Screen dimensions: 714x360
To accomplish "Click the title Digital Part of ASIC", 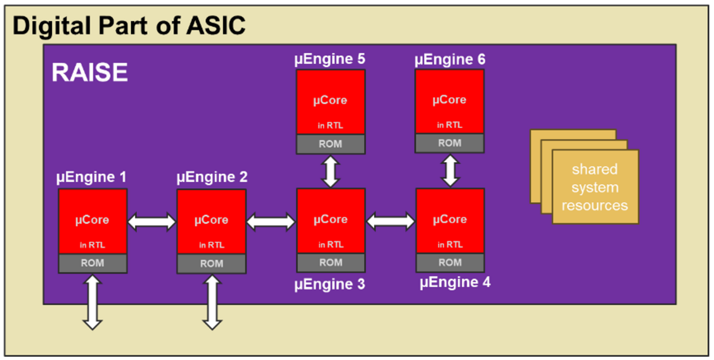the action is (129, 26).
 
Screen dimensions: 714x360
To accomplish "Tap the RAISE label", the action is (90, 73).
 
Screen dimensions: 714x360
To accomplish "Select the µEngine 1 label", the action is (91, 177).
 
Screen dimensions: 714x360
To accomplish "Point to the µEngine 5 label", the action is (330, 59).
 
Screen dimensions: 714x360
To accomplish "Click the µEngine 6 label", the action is (450, 60).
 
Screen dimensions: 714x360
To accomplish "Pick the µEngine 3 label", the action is (330, 284).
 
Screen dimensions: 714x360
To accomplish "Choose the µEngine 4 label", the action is (455, 282).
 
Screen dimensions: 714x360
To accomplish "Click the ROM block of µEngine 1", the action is (93, 263).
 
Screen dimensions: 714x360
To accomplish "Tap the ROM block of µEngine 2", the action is (211, 263).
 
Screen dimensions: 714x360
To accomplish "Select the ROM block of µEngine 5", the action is (331, 144).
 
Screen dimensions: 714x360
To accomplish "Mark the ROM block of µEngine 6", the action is (450, 143).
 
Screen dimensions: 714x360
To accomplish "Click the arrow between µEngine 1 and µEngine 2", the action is (152, 222).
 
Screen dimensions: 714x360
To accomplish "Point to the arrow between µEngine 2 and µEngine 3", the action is (271, 222).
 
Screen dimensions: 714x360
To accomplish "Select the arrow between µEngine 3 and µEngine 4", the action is (390, 221).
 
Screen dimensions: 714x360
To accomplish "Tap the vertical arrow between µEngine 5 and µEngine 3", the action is (331, 171).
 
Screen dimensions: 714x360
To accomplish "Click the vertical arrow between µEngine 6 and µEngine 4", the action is (450, 171).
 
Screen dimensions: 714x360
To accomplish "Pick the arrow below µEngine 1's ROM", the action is (93, 303).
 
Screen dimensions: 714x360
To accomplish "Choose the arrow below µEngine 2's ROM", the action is (213, 303).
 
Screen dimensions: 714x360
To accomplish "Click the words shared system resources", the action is (595, 188).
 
